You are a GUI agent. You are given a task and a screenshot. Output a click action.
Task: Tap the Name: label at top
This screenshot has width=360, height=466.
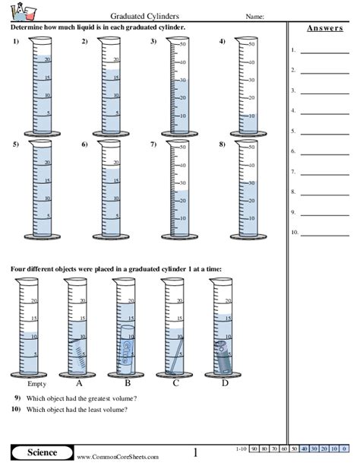254,16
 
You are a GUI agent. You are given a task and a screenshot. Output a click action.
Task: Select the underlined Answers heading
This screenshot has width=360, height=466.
322,29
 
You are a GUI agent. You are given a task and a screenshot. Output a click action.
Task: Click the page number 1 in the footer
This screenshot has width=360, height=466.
195,453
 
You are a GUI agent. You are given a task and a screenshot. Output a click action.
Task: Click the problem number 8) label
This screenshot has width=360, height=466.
223,144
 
